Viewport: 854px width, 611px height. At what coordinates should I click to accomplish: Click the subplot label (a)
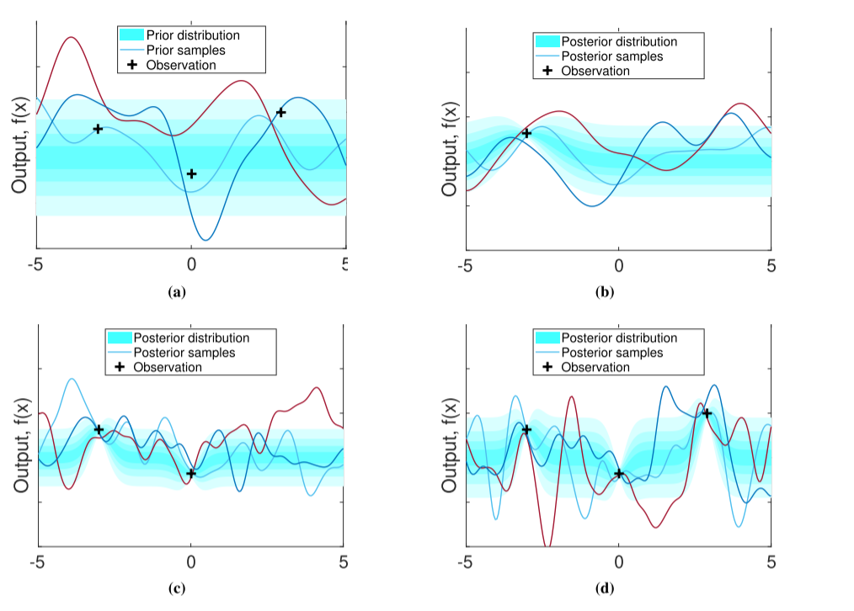point(176,292)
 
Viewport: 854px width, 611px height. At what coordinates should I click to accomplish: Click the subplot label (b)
point(604,293)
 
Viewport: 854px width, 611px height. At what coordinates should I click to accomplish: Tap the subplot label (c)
point(176,588)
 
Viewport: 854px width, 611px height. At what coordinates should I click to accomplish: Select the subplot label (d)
point(604,588)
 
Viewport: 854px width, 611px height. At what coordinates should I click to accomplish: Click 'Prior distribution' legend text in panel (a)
point(193,35)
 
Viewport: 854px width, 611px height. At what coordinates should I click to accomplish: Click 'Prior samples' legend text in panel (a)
point(185,50)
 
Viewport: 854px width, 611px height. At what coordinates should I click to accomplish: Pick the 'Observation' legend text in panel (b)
point(595,72)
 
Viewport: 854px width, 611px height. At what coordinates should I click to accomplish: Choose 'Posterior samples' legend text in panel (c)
point(184,353)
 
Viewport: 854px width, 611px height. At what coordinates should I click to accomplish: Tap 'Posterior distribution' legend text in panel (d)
point(619,337)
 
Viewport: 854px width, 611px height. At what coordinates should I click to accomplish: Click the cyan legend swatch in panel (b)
point(547,41)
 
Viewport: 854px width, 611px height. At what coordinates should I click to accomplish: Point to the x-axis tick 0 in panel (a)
point(191,263)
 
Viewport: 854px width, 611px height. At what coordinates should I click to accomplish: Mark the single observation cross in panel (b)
point(526,133)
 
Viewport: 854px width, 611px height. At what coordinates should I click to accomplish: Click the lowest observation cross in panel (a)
point(191,173)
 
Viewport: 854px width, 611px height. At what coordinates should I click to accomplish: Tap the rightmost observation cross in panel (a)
point(281,112)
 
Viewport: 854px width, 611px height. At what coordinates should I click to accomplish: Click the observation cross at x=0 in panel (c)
point(191,473)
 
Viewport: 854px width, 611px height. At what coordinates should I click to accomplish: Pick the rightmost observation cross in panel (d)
point(707,412)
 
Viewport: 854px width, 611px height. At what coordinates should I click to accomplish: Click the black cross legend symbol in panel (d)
point(547,368)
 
